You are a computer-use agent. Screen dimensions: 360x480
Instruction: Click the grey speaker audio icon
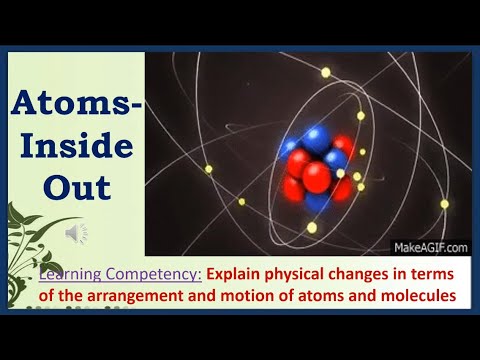click(77, 233)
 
